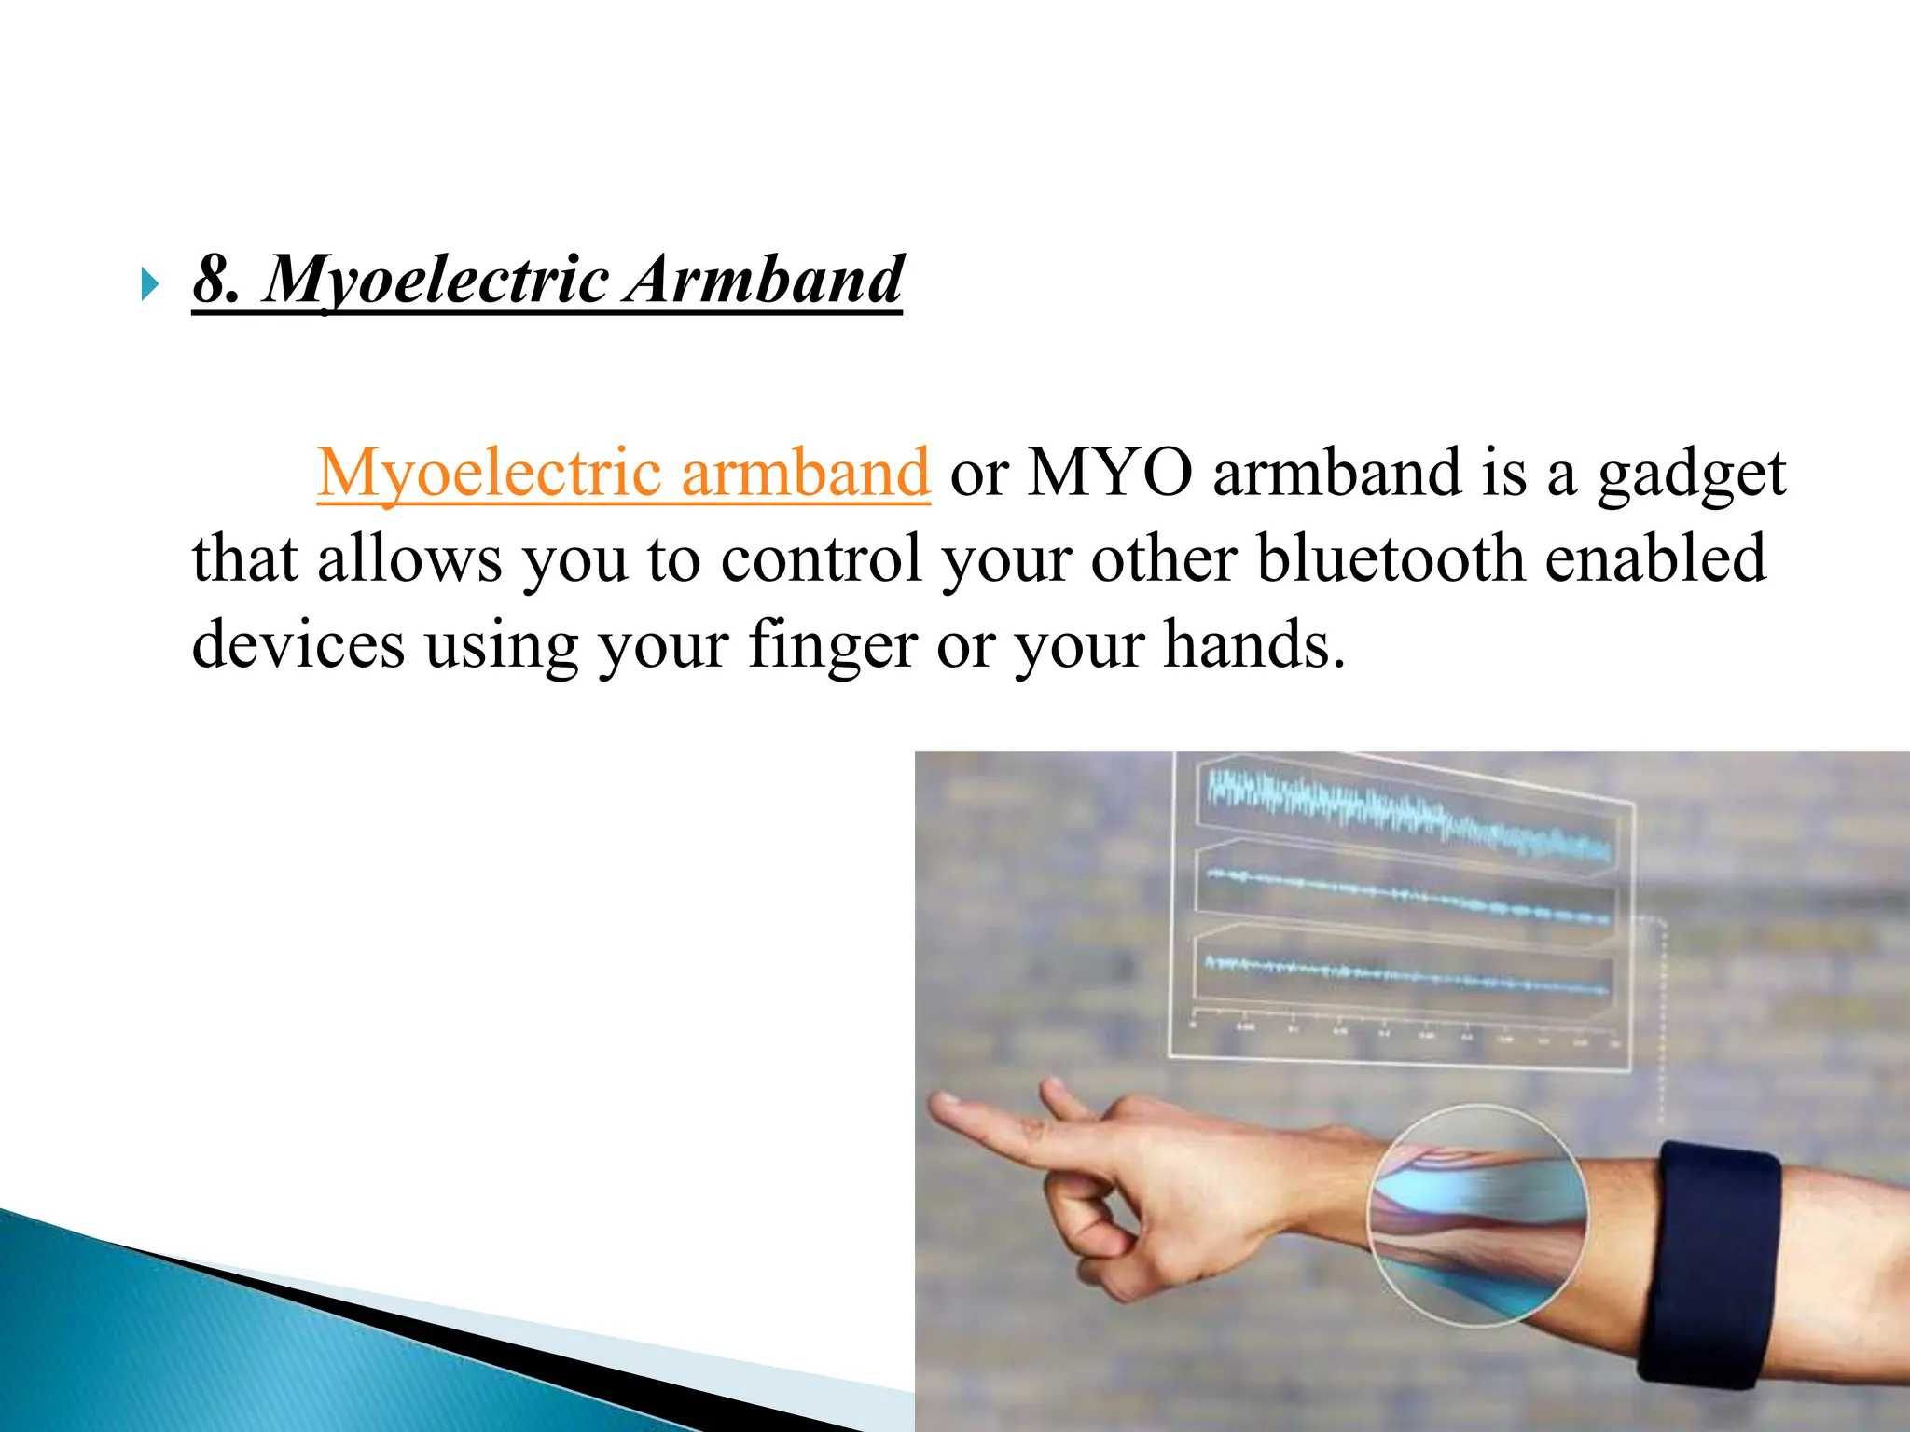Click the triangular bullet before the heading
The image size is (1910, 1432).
pos(149,284)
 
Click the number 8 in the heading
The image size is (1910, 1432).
pos(214,280)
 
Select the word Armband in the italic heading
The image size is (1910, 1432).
pos(764,280)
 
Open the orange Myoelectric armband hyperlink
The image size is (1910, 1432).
pos(623,473)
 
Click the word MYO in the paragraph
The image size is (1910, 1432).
pos(1110,473)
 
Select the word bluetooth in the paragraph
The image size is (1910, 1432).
pos(1391,558)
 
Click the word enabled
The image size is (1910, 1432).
pos(1655,558)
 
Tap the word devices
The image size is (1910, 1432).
pos(298,644)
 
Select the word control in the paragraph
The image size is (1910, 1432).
pos(821,558)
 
